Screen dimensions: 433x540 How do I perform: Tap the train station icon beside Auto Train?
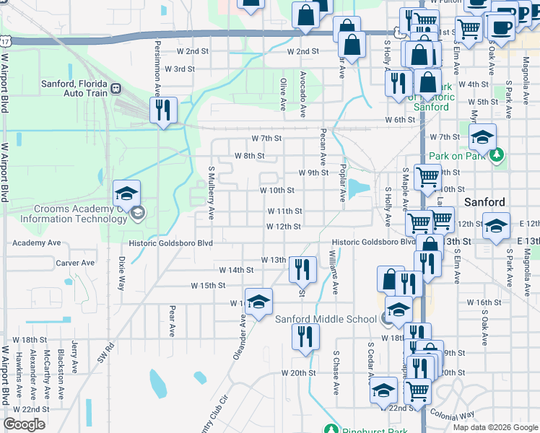[x=116, y=89]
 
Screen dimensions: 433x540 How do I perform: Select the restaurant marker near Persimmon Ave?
[x=163, y=110]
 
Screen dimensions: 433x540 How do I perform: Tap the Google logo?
[x=24, y=424]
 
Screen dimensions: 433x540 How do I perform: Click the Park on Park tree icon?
[x=496, y=155]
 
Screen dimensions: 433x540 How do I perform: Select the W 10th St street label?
[x=277, y=191]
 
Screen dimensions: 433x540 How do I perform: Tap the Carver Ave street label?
[x=76, y=263]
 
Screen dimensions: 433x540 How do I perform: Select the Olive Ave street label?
[x=284, y=95]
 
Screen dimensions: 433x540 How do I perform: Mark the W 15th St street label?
[x=209, y=286]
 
